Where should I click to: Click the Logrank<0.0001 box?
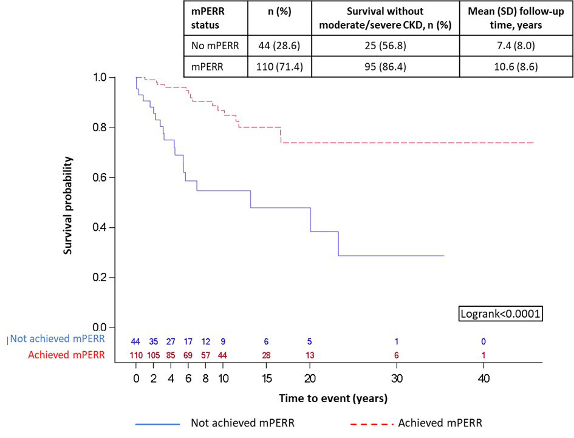point(500,314)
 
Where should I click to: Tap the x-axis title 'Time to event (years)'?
point(333,399)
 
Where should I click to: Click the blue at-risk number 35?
point(154,341)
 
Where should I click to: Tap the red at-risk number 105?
point(154,355)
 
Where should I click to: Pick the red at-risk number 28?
point(266,355)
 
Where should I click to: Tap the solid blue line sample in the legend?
point(159,423)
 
